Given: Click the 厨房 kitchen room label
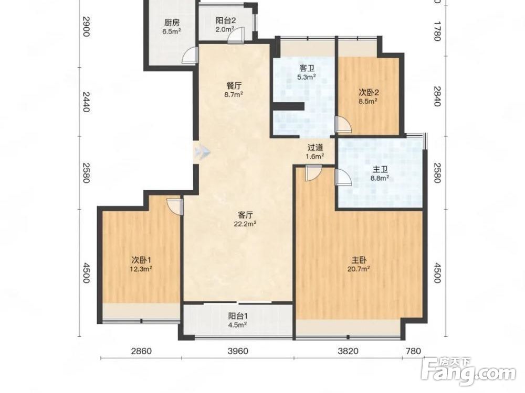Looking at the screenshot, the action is pyautogui.click(x=172, y=23).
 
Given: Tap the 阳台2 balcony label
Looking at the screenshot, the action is pyautogui.click(x=225, y=20).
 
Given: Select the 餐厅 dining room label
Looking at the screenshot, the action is pyautogui.click(x=234, y=85).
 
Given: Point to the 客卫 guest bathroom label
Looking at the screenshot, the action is pyautogui.click(x=307, y=69).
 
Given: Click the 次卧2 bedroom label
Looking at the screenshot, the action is pyautogui.click(x=369, y=92).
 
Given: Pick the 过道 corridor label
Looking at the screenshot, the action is pyautogui.click(x=315, y=147).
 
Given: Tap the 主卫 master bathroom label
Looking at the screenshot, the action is pyautogui.click(x=380, y=169).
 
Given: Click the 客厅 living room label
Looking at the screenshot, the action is pyautogui.click(x=245, y=215).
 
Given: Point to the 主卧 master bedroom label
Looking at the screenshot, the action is pyautogui.click(x=360, y=260).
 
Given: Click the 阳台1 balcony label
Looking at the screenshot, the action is pyautogui.click(x=238, y=316).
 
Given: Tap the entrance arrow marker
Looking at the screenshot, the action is pyautogui.click(x=202, y=152).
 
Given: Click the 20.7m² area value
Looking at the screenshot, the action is pyautogui.click(x=360, y=268).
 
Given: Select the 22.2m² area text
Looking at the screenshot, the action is pyautogui.click(x=245, y=224).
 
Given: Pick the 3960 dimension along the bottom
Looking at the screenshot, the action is pyautogui.click(x=238, y=351).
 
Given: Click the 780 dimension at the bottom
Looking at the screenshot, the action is pyautogui.click(x=413, y=351).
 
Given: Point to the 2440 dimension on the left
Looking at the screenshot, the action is pyautogui.click(x=86, y=102).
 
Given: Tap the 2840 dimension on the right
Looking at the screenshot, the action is pyautogui.click(x=437, y=96).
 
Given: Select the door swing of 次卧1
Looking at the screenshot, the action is pyautogui.click(x=175, y=206).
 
